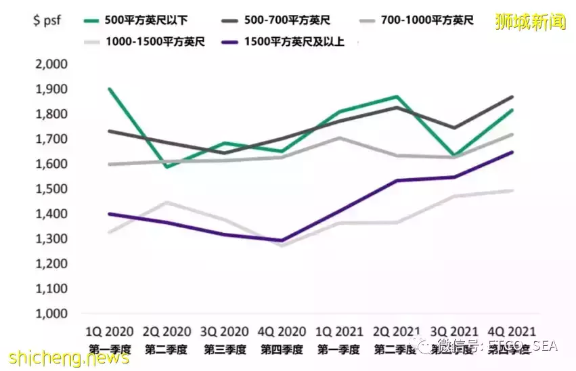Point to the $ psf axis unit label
48,20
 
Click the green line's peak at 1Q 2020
110,89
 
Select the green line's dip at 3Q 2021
454,155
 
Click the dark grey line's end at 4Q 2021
512,97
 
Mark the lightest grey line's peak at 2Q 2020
166,202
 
